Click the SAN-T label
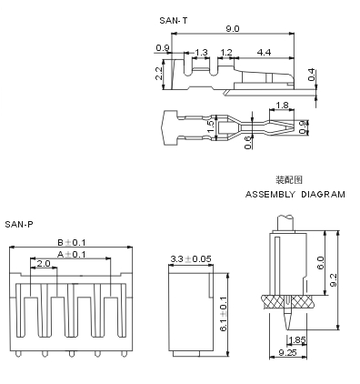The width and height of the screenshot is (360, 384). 174,21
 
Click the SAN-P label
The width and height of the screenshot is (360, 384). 19,225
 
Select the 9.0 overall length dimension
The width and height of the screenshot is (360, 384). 233,29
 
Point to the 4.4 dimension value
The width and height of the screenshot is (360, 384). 264,53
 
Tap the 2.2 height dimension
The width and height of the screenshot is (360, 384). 159,74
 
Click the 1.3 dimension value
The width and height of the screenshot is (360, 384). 201,53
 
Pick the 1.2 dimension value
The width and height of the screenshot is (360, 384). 226,53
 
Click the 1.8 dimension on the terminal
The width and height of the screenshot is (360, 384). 282,106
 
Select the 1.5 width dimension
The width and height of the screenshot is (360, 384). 212,126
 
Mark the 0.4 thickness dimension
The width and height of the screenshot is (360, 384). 311,75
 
